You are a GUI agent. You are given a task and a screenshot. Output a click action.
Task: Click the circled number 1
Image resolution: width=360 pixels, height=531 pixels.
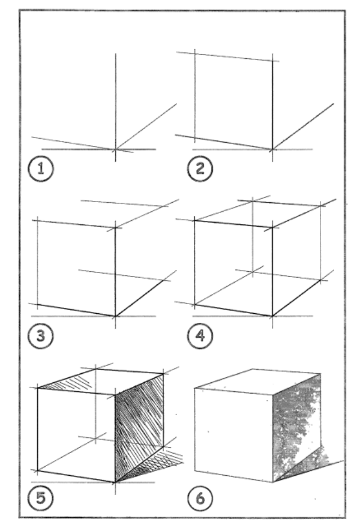[x=41, y=169]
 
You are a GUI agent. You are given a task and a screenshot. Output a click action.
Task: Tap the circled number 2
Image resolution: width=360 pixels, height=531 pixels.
[x=200, y=169]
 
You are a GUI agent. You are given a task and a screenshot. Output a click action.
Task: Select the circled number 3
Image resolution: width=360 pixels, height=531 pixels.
[x=41, y=335]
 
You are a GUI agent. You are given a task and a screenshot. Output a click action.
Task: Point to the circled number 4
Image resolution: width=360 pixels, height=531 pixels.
[x=200, y=335]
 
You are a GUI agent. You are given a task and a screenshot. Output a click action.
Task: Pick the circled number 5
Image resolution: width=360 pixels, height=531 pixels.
[x=41, y=498]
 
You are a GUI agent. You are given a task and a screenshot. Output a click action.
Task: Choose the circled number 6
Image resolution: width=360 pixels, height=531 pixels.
[x=200, y=498]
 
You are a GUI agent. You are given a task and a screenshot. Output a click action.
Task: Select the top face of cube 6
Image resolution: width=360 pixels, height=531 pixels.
[x=258, y=381]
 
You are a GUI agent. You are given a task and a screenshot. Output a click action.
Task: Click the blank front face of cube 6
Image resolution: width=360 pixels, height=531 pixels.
[x=233, y=434]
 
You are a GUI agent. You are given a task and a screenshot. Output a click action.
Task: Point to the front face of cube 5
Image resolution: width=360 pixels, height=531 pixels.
[x=76, y=434]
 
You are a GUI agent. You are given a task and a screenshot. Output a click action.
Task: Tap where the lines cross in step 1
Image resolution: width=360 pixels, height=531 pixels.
[x=115, y=149]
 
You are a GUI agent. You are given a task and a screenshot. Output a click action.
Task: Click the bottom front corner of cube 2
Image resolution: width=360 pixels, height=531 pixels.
[x=272, y=149]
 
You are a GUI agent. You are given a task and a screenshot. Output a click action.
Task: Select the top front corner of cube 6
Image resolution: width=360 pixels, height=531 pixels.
[x=273, y=394]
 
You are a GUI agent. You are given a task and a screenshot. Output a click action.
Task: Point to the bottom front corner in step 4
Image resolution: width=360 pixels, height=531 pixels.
[x=272, y=316]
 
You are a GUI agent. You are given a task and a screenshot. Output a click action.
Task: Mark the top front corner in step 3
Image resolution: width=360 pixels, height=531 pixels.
[x=115, y=228]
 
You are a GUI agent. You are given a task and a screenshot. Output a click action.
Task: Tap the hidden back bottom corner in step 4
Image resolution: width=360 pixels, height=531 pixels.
[x=253, y=272]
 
